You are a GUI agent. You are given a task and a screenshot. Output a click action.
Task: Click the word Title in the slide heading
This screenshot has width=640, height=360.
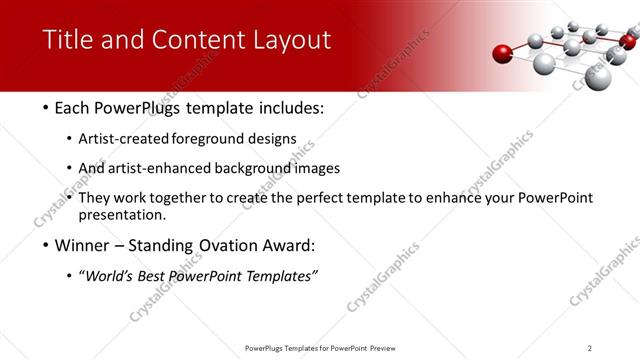[67, 40]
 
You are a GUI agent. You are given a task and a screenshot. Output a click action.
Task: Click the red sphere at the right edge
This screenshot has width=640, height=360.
[627, 41]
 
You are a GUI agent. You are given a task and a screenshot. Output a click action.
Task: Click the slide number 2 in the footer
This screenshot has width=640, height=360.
[589, 348]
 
